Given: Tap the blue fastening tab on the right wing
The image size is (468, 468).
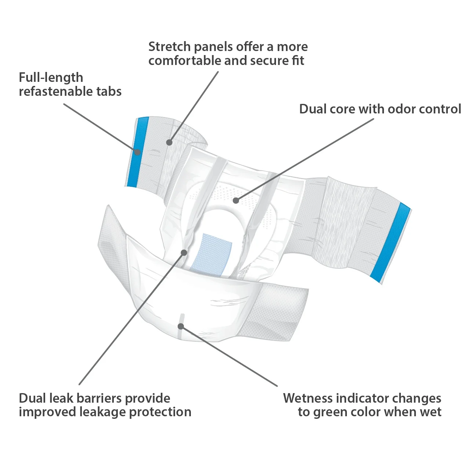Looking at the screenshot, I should (x=391, y=242).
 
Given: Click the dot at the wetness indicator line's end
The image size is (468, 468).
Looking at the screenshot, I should (x=181, y=326).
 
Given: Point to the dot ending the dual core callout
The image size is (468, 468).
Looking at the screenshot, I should (x=236, y=200).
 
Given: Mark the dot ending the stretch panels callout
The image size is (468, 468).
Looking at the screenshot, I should (x=169, y=142).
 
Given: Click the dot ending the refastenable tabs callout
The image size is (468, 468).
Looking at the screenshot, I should (x=137, y=152).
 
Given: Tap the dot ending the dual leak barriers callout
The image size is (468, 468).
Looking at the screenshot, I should (x=184, y=253).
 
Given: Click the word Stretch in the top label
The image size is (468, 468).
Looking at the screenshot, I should (x=170, y=47).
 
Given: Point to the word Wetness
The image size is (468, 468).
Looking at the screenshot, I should (x=308, y=398).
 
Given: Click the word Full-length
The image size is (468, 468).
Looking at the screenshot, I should (x=51, y=77).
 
